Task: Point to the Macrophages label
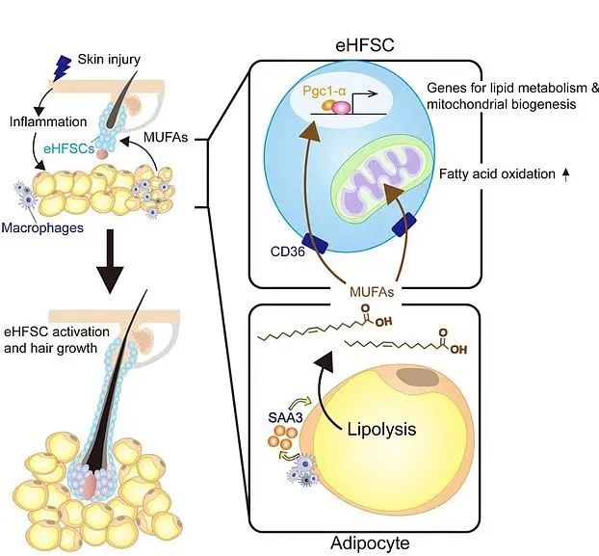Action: pyautogui.click(x=48, y=227)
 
